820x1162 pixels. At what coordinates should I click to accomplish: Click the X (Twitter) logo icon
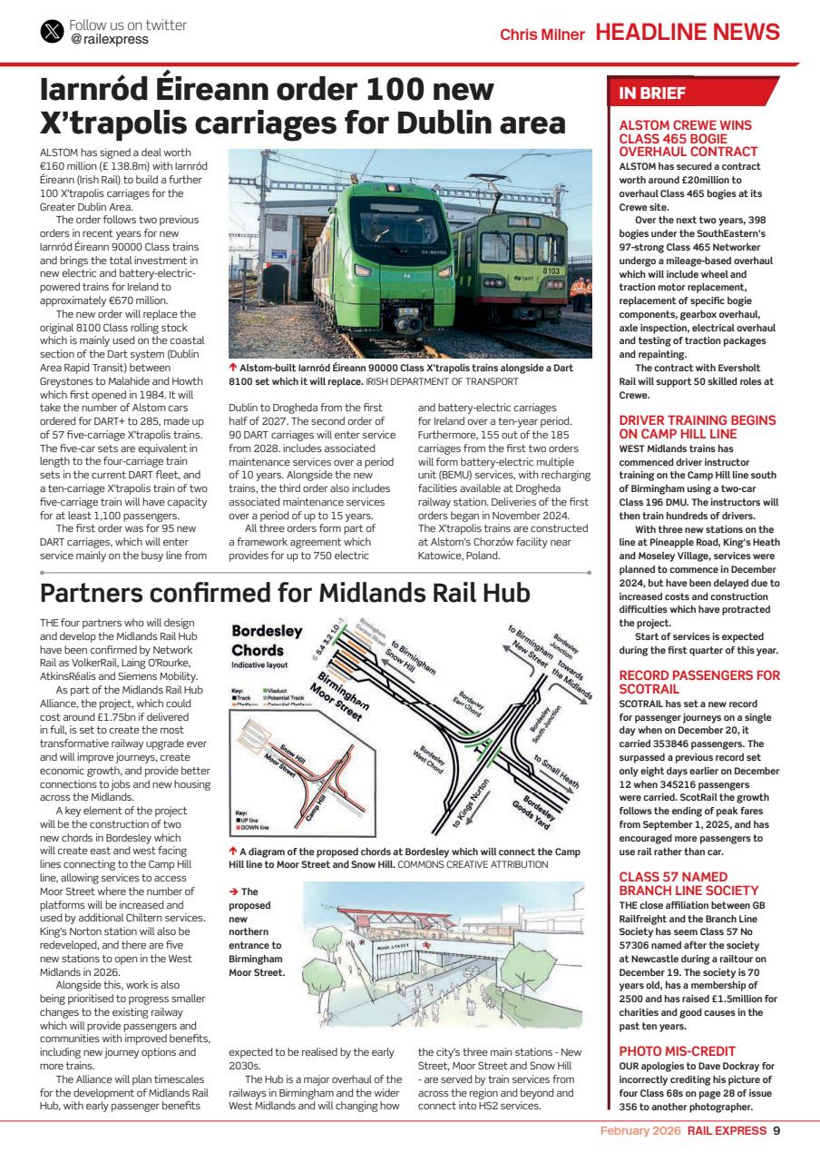click(x=53, y=32)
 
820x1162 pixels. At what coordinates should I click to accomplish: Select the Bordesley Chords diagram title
click(x=267, y=641)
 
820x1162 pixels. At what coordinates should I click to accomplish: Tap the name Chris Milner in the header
click(x=542, y=34)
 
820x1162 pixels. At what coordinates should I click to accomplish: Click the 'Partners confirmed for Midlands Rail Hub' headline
click(x=285, y=593)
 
